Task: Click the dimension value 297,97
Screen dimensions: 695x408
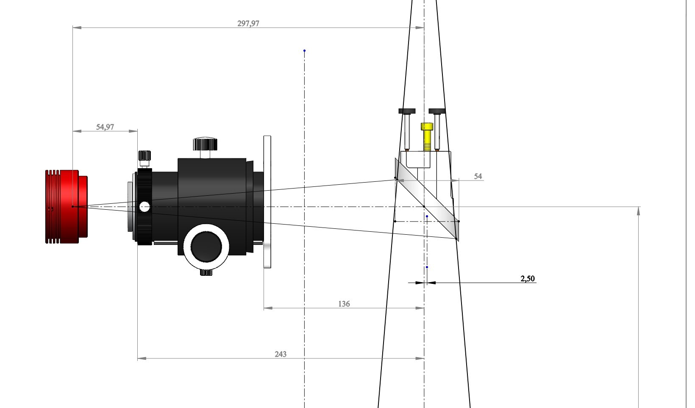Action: tap(248, 24)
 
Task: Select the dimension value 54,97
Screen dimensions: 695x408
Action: tap(105, 127)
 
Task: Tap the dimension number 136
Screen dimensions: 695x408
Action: tap(344, 304)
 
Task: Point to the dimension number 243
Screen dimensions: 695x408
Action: tap(281, 354)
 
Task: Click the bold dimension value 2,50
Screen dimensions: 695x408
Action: tap(528, 278)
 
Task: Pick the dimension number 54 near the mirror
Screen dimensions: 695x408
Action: tap(478, 176)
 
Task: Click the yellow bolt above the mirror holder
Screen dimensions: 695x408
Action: tap(427, 137)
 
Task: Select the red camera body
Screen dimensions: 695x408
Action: tap(67, 207)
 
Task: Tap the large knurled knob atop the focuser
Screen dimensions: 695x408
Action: tap(205, 144)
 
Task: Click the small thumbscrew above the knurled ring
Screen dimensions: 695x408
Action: tap(145, 158)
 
